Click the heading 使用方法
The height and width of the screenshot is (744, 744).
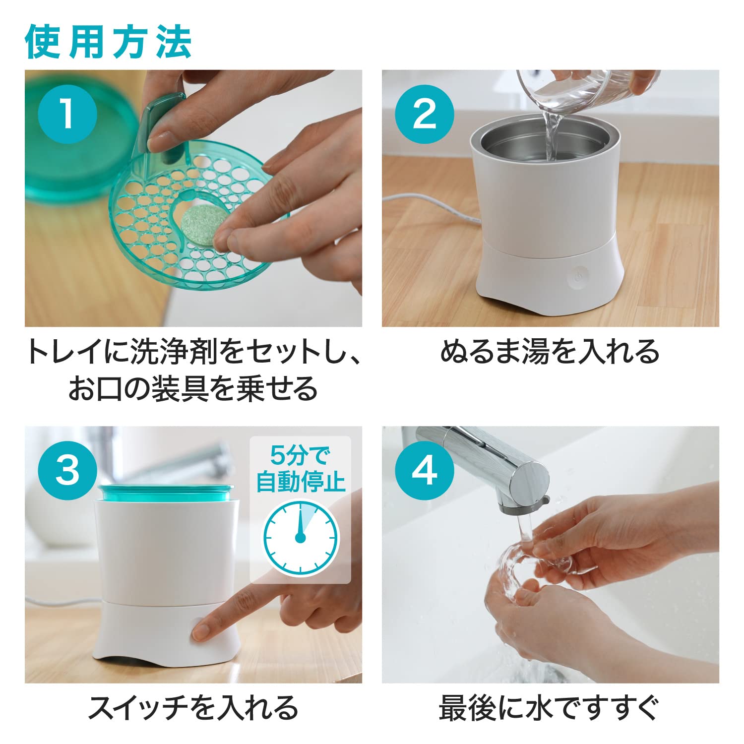(108, 42)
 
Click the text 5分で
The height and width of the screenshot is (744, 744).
(300, 454)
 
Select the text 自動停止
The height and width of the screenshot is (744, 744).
(300, 482)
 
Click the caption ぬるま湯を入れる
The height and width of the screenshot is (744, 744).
(550, 352)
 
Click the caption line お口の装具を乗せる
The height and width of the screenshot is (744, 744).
(193, 388)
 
